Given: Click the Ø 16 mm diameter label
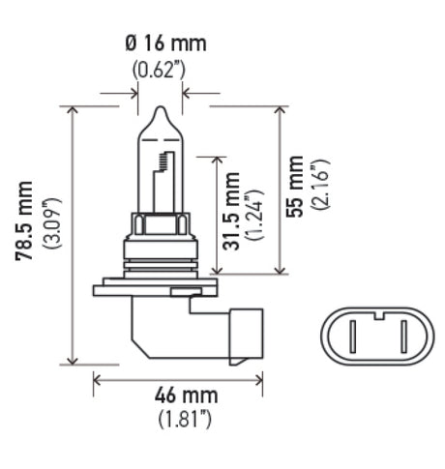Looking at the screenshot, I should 165,44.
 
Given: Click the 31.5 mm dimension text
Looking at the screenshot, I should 232,215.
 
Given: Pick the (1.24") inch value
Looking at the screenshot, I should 254,215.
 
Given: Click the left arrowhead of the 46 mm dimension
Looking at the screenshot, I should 97,380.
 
